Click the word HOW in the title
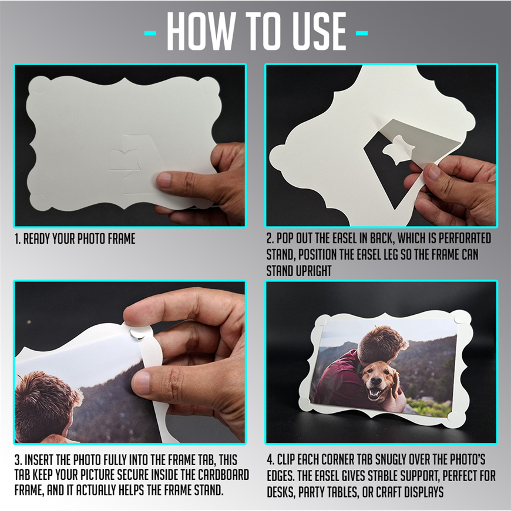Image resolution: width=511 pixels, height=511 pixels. click(x=201, y=32)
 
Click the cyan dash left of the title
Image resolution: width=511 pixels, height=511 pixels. click(x=150, y=33)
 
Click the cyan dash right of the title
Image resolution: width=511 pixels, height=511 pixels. click(x=362, y=33)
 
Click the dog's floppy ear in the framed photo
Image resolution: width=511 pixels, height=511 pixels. click(x=396, y=385)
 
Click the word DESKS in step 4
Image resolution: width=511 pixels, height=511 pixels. click(x=280, y=492)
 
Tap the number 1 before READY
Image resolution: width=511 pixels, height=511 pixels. click(x=17, y=239)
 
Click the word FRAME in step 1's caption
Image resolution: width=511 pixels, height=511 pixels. click(x=122, y=239)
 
